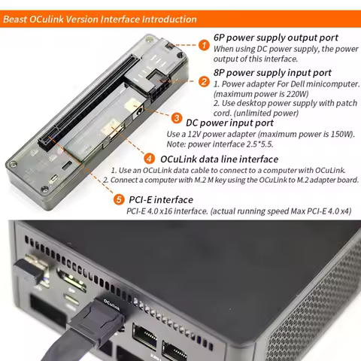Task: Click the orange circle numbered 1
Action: [203, 44]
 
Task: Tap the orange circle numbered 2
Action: [204, 81]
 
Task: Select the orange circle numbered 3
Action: [176, 119]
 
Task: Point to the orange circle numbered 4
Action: [150, 159]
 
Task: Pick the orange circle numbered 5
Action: [119, 199]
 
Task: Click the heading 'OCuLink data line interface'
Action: [219, 159]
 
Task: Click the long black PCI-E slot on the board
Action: [74, 94]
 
